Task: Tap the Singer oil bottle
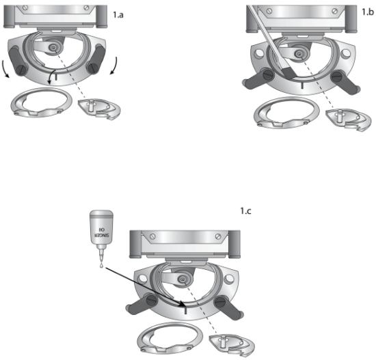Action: (99, 233)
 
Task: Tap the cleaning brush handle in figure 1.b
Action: (263, 27)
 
